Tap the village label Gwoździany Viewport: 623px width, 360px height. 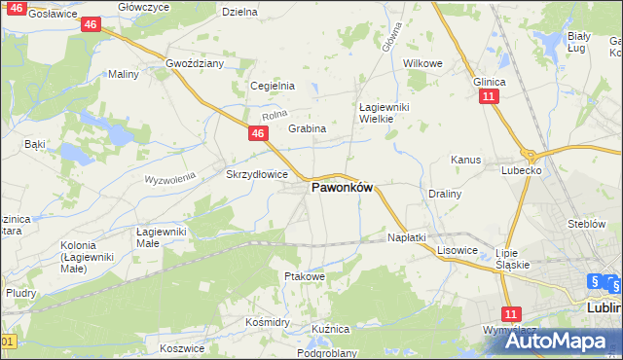click(195, 63)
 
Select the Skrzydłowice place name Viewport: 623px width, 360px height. click(256, 174)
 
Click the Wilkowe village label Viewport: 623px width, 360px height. click(422, 63)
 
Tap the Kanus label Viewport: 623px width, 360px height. click(466, 159)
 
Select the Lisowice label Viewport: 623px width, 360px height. click(457, 249)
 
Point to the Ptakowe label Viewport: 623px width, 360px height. click(303, 276)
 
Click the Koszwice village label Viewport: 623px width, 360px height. click(182, 347)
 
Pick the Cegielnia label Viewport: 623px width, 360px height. click(273, 86)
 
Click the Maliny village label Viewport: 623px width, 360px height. click(124, 74)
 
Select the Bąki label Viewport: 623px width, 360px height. click(35, 144)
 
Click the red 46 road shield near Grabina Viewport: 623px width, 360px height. click(258, 133)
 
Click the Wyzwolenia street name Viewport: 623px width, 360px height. click(170, 180)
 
